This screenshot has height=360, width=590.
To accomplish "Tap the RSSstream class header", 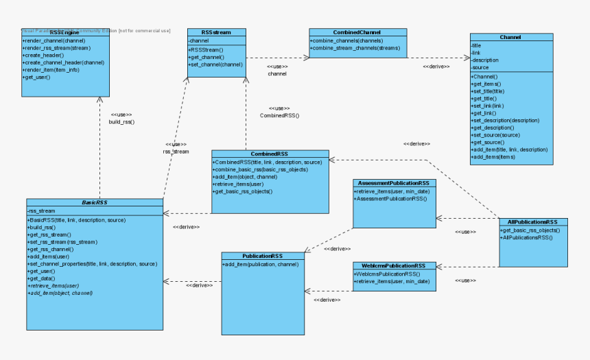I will click(x=216, y=32).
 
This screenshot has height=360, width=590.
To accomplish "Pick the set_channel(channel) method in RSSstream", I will click(x=215, y=64).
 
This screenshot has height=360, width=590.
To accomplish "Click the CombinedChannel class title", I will click(x=357, y=32).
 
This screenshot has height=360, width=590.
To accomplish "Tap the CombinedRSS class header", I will click(x=270, y=154).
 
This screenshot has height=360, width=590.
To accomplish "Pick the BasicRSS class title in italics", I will click(x=95, y=203).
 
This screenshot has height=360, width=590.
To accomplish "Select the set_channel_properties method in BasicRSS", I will click(x=92, y=264).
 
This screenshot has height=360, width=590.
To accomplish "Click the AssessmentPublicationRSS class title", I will click(x=394, y=184).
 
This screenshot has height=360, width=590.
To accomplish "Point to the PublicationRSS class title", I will click(x=263, y=256).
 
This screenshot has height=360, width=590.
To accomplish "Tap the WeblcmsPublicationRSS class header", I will click(x=394, y=265).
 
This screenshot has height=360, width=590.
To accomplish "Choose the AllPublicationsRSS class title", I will click(x=532, y=222).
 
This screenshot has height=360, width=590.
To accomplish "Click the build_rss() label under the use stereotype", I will click(x=121, y=122).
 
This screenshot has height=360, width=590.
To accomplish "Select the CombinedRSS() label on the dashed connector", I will click(x=279, y=116).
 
